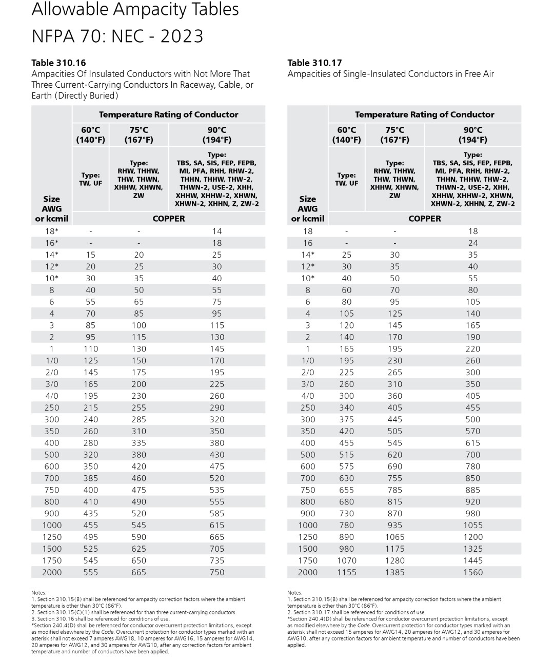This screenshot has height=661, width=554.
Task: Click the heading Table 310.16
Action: (x=58, y=63)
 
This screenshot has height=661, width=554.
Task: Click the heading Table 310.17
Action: (x=314, y=63)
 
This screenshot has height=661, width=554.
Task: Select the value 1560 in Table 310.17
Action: (x=472, y=572)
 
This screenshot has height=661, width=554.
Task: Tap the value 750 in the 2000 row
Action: (x=216, y=572)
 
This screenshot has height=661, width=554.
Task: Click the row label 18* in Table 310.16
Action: (x=51, y=231)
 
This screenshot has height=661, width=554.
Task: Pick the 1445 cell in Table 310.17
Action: (x=472, y=560)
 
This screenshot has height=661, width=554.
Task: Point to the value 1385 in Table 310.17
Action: (x=394, y=572)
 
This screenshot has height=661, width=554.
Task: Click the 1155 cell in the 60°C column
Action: (x=346, y=572)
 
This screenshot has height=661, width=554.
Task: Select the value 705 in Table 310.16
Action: (x=216, y=549)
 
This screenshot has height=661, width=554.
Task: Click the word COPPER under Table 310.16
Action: (x=168, y=219)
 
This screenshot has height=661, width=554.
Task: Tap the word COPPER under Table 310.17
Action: (x=424, y=219)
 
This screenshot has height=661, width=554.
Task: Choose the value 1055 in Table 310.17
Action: (x=472, y=525)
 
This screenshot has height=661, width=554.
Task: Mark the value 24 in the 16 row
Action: (x=472, y=243)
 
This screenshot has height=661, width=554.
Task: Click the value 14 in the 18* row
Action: (x=216, y=231)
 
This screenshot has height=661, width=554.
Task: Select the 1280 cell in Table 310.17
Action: (x=394, y=560)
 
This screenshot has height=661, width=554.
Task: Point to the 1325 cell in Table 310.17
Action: (x=472, y=549)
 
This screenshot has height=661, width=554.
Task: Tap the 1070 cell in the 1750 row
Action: (x=346, y=560)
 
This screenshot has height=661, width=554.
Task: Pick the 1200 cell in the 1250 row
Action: (x=472, y=537)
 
